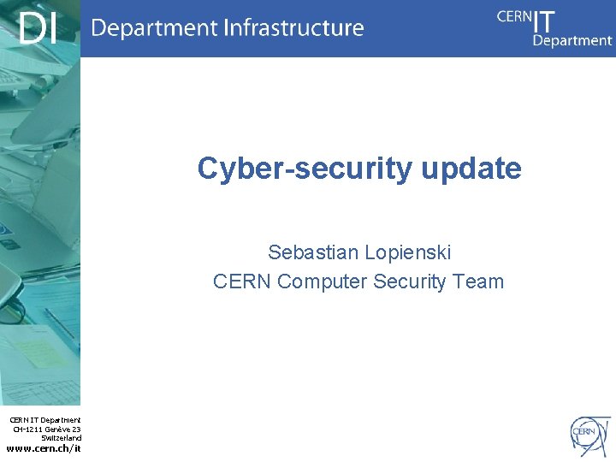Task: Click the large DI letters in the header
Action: [x=39, y=28]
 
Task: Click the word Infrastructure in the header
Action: [x=293, y=28]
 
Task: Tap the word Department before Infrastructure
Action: [x=153, y=29]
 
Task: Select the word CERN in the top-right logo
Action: [x=513, y=16]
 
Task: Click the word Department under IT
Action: [x=572, y=40]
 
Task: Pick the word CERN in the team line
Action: [x=242, y=281]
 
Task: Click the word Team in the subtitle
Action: [x=479, y=281]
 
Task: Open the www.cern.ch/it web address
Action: [x=44, y=448]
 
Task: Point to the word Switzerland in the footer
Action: [x=62, y=437]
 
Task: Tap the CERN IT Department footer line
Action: [x=45, y=420]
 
